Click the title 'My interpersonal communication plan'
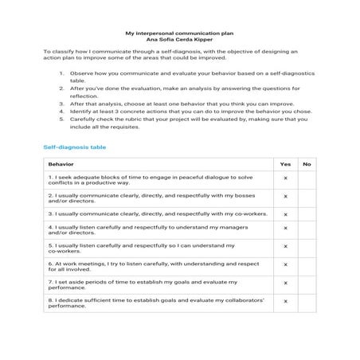point(179,33)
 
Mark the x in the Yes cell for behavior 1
point(285,178)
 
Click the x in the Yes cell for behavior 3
point(285,213)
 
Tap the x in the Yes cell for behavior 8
point(285,301)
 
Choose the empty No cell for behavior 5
point(306,248)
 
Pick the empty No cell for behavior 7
point(306,284)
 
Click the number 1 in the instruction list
point(62,73)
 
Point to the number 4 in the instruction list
point(62,111)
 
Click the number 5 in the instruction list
point(62,119)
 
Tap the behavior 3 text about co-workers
point(155,213)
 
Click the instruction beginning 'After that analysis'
point(181,104)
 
